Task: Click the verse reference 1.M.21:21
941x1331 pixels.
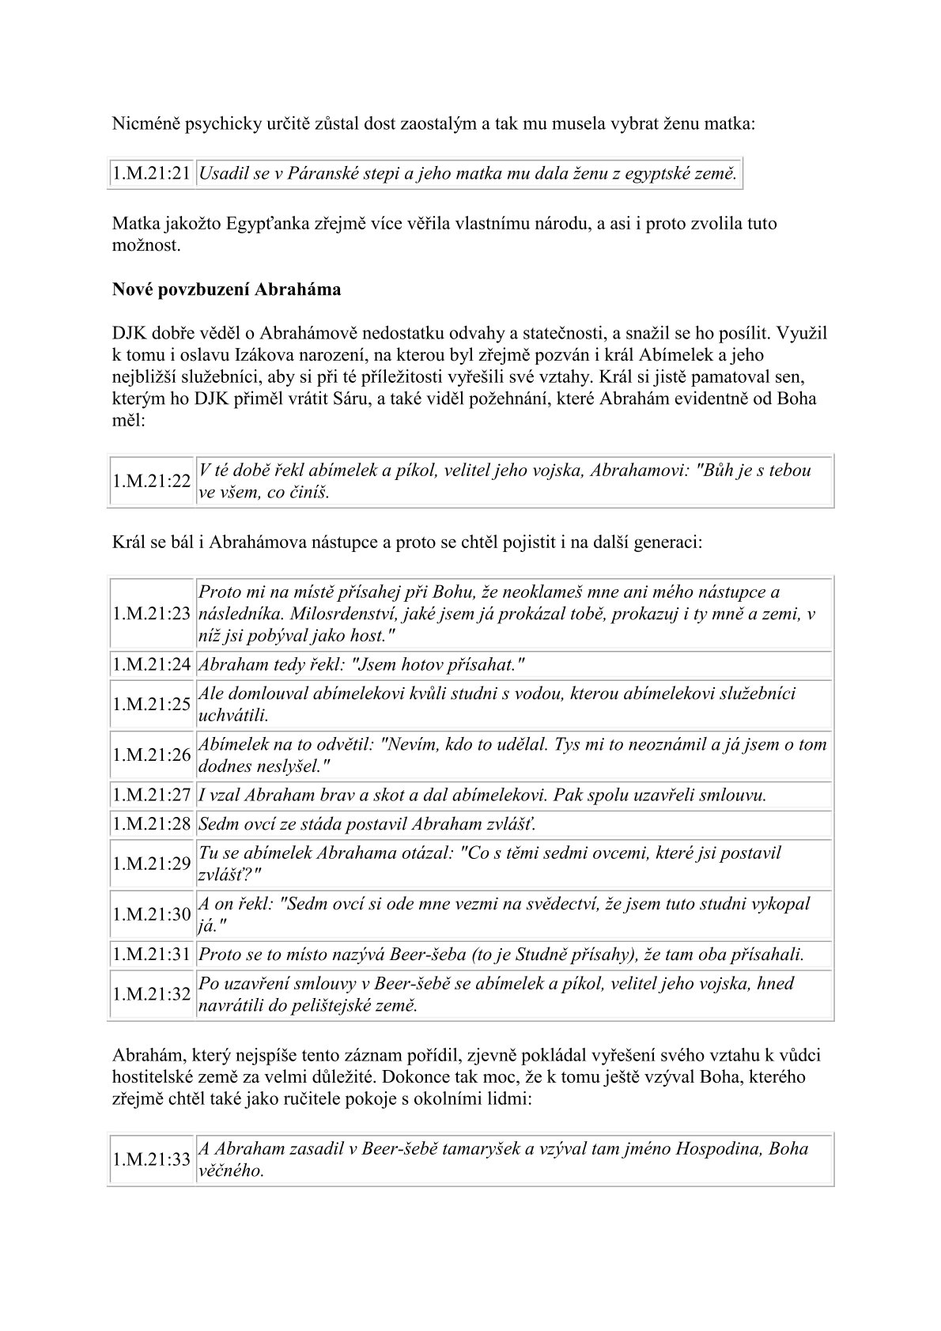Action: click(152, 174)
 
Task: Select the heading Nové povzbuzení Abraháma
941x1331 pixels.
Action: click(226, 289)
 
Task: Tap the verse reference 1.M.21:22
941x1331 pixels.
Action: click(152, 481)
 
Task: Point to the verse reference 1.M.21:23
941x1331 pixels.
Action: click(152, 614)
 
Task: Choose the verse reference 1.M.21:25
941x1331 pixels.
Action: click(152, 704)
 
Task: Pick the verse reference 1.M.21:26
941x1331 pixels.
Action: click(152, 754)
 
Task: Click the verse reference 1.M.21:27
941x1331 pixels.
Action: click(152, 795)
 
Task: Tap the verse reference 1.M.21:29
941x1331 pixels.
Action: click(152, 864)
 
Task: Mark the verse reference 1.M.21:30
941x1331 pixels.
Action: click(152, 914)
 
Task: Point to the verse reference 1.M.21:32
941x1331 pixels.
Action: click(152, 994)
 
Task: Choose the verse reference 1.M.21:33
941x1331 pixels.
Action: click(152, 1159)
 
